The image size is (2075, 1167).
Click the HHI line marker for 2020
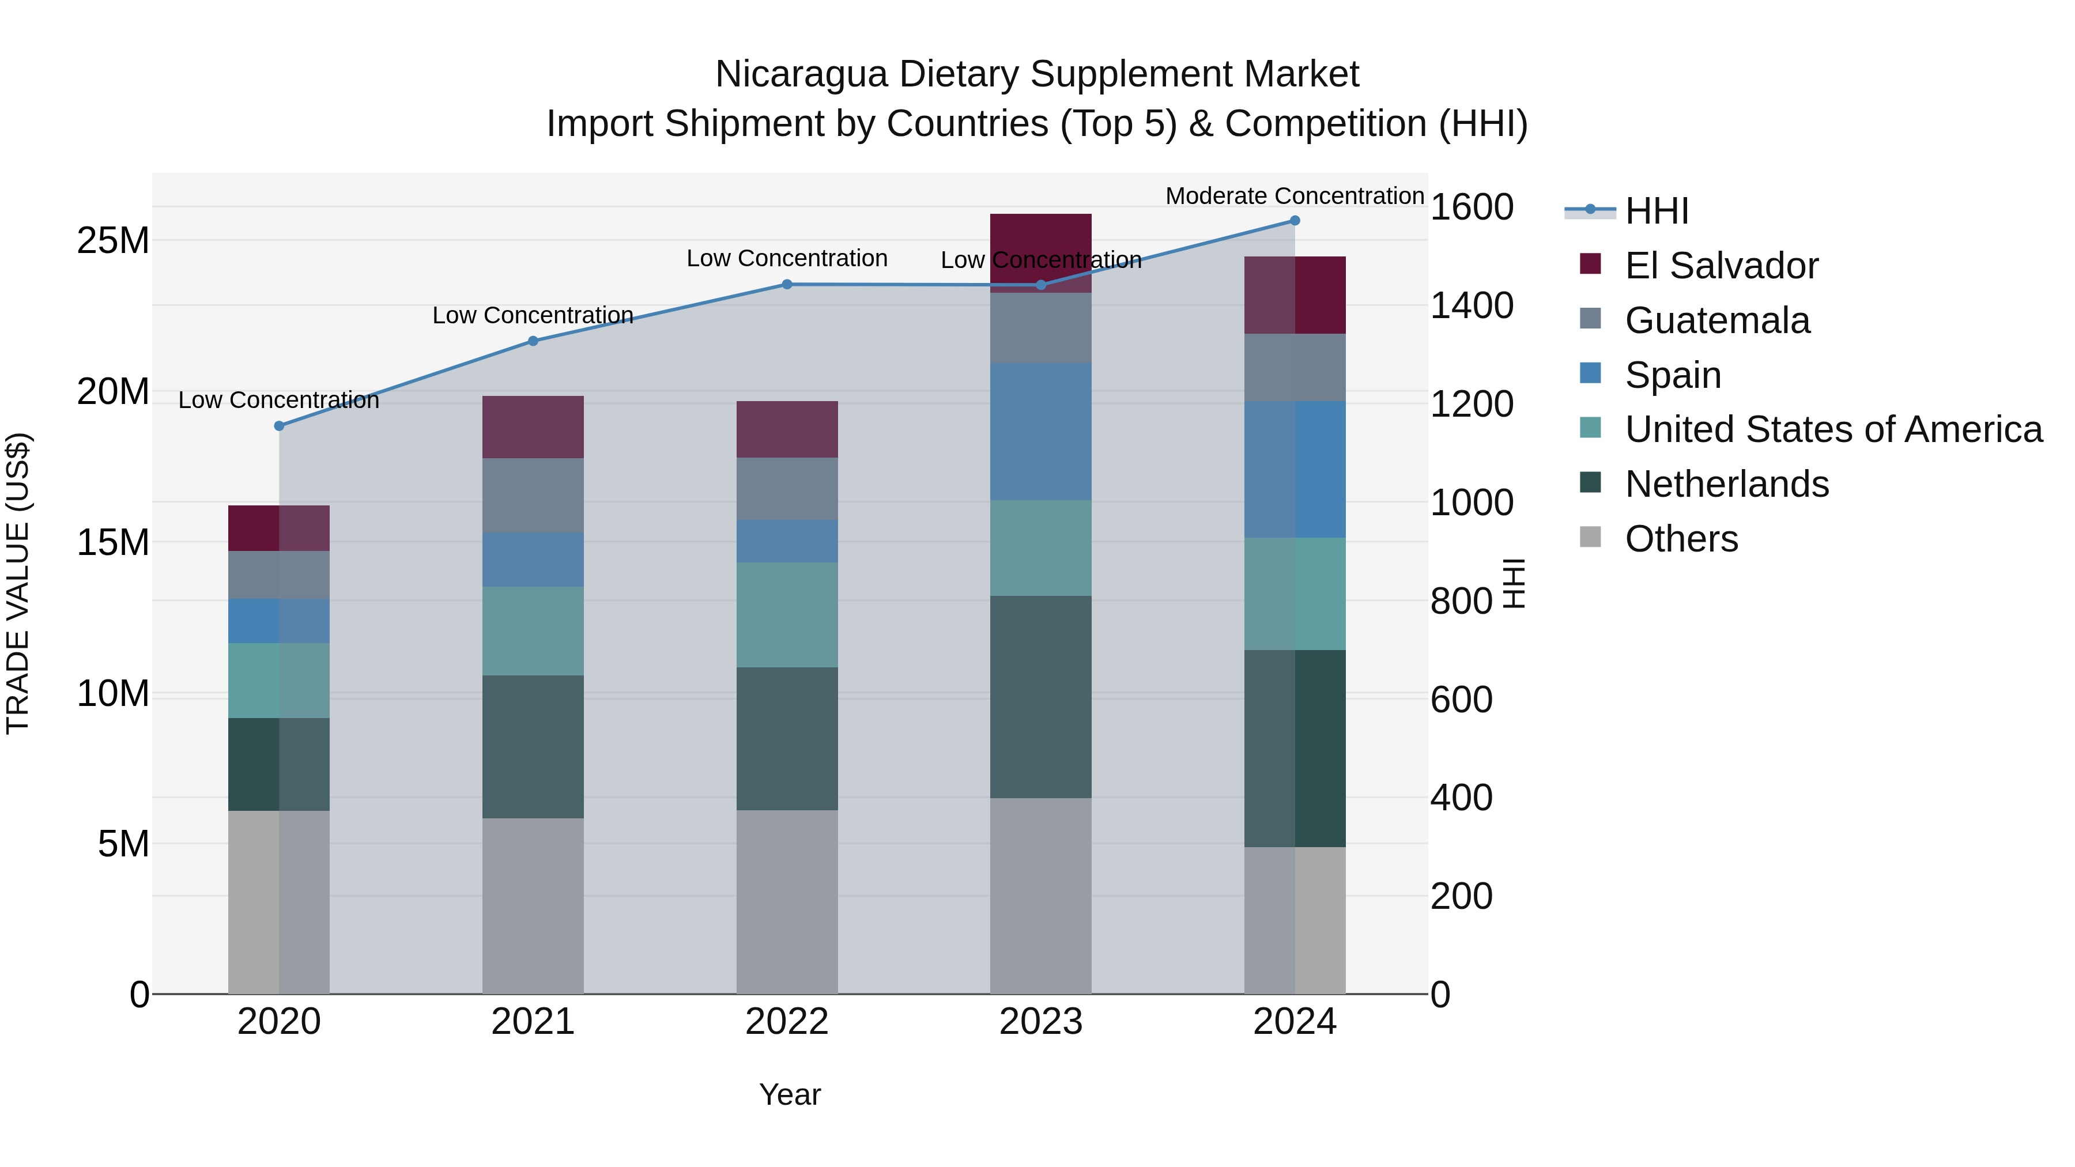[x=279, y=426]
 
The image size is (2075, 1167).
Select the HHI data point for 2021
[x=533, y=341]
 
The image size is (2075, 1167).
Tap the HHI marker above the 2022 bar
[x=787, y=284]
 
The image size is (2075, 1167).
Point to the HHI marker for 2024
[x=1295, y=221]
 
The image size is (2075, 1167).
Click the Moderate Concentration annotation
[x=1295, y=196]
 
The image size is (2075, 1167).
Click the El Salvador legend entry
[x=1721, y=266]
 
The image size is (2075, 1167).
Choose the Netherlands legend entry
[x=1726, y=484]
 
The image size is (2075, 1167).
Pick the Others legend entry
[x=1681, y=539]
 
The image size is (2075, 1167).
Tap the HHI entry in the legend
[x=1656, y=211]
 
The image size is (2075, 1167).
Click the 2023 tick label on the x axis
[x=1041, y=1022]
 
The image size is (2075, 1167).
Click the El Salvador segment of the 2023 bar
[x=1041, y=241]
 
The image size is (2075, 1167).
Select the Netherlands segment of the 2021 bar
[x=533, y=746]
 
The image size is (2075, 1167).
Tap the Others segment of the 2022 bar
[x=787, y=901]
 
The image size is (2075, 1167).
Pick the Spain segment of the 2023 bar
[x=1041, y=431]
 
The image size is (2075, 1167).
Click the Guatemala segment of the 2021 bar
[x=533, y=495]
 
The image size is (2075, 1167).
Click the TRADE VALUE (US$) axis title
[x=18, y=583]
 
